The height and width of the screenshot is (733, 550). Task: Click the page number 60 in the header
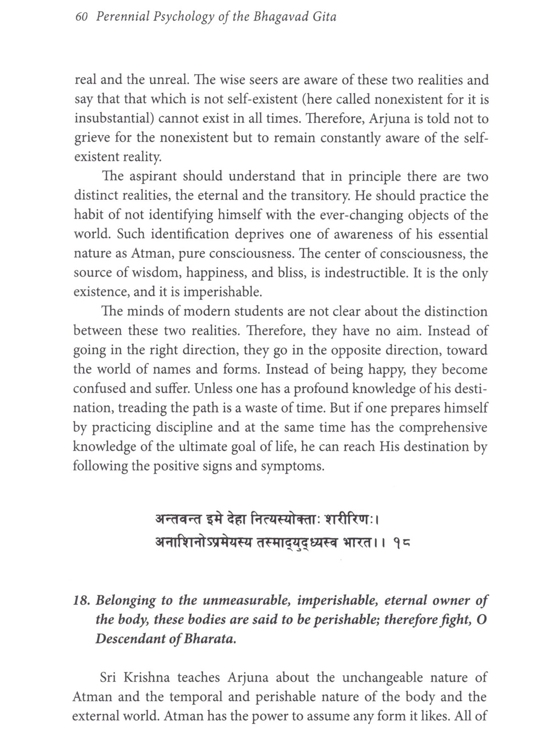point(81,17)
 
